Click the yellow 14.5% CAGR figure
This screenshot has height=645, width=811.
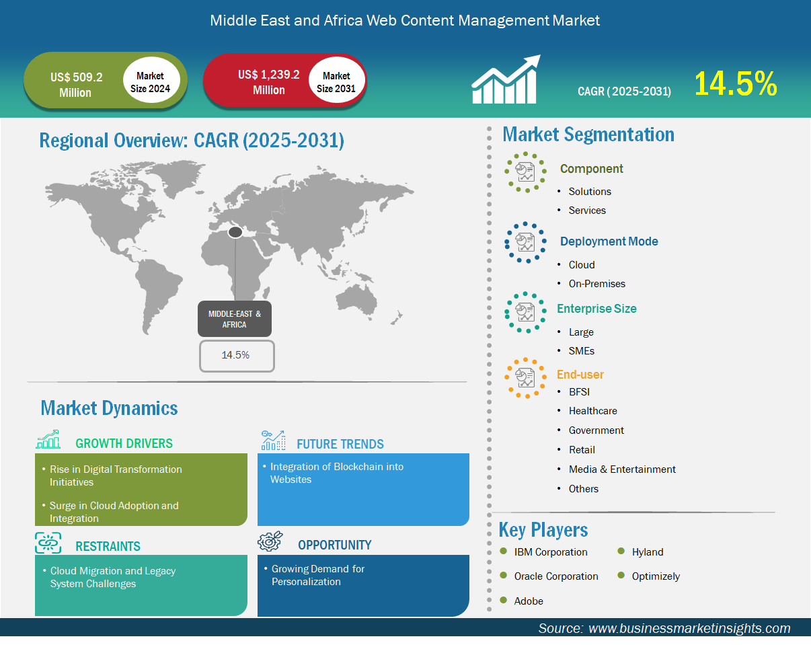[735, 83]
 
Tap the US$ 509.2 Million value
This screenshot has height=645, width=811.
[76, 85]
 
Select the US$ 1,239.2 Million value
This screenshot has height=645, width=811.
[269, 82]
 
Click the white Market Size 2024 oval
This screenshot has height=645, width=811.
[151, 79]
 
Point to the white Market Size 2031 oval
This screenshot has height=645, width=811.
[336, 79]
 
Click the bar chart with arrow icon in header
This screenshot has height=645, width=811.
[506, 79]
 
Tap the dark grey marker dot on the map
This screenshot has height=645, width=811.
[235, 232]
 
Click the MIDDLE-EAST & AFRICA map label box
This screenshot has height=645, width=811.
[235, 319]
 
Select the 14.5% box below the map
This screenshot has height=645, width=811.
[237, 356]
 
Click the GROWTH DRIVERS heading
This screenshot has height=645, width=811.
[124, 443]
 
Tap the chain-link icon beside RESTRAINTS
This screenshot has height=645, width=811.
[48, 543]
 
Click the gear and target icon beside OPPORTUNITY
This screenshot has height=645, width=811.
[270, 541]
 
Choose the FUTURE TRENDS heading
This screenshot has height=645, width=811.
[340, 444]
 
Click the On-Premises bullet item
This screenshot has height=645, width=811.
[596, 284]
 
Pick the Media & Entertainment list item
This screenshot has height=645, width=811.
[622, 469]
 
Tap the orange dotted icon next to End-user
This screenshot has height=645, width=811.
[525, 378]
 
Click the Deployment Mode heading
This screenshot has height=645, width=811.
[609, 241]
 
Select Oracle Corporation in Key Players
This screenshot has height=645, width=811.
[556, 576]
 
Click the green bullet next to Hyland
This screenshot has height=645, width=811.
[621, 551]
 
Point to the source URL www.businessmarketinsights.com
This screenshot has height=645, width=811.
[689, 628]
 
